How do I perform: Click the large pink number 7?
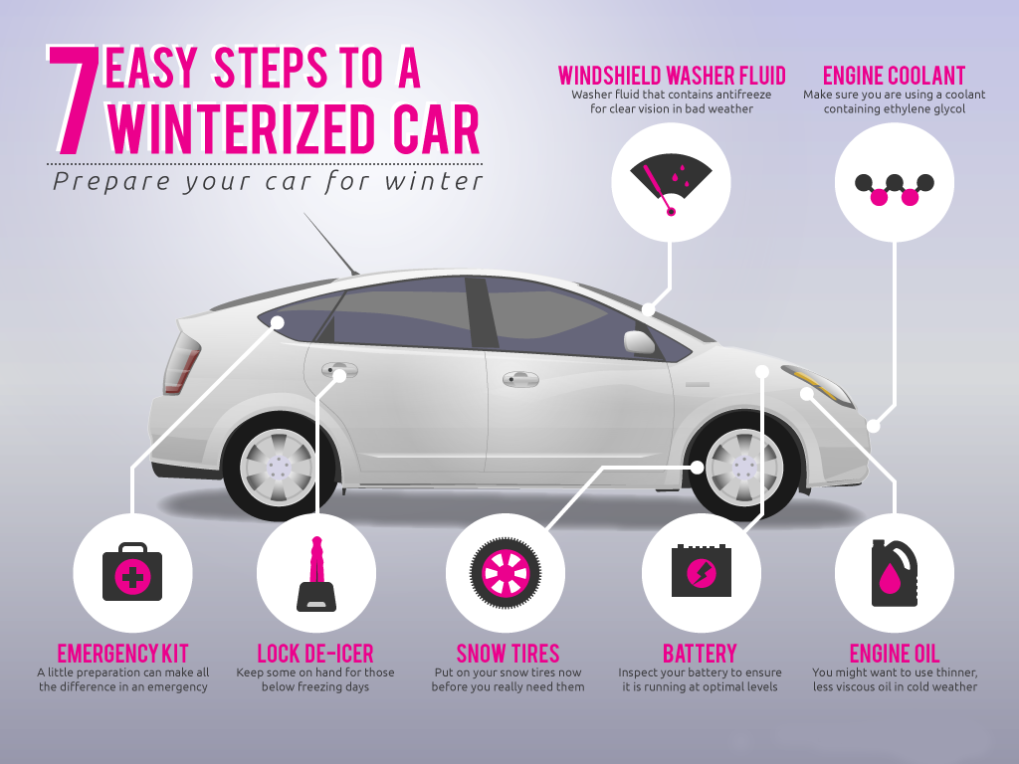pos(73,100)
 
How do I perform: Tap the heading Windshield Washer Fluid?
pos(672,76)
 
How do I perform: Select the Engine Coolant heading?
pos(894,76)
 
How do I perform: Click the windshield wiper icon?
pos(671,183)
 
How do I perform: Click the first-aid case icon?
pos(131,572)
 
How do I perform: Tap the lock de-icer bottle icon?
pos(316,574)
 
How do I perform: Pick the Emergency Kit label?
pos(122,654)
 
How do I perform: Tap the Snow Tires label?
pos(508,654)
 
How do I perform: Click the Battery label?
pos(700,654)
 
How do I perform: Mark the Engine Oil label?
pos(894,654)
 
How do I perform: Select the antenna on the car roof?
pos(330,244)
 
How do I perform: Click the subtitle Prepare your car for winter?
pos(269,182)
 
